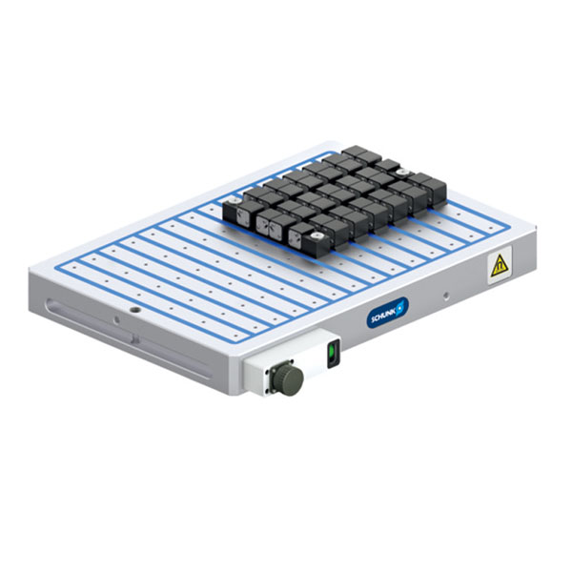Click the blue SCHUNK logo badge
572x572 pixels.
point(387,312)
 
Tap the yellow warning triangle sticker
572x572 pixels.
point(500,266)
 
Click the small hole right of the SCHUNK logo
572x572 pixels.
point(445,295)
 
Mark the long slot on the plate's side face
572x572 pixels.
point(128,338)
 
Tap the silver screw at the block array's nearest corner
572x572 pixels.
point(314,236)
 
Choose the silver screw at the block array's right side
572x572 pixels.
point(402,172)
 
